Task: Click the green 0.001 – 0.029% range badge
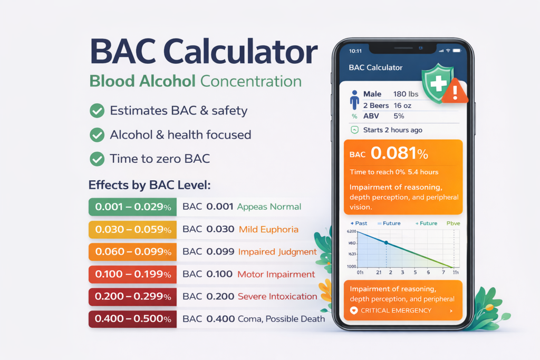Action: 132,207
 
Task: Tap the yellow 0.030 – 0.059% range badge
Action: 132,230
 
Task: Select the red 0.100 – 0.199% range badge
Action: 132,274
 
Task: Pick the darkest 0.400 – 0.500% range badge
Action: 132,319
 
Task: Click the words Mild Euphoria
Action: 268,230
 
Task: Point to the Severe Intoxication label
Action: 277,296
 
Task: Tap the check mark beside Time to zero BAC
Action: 97,159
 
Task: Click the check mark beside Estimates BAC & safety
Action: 97,111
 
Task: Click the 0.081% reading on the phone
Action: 399,153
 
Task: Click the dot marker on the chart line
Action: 386,242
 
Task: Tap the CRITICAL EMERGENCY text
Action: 396,311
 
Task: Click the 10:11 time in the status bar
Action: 355,51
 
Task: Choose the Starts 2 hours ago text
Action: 392,130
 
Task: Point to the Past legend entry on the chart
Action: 359,223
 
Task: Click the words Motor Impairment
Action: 276,274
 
